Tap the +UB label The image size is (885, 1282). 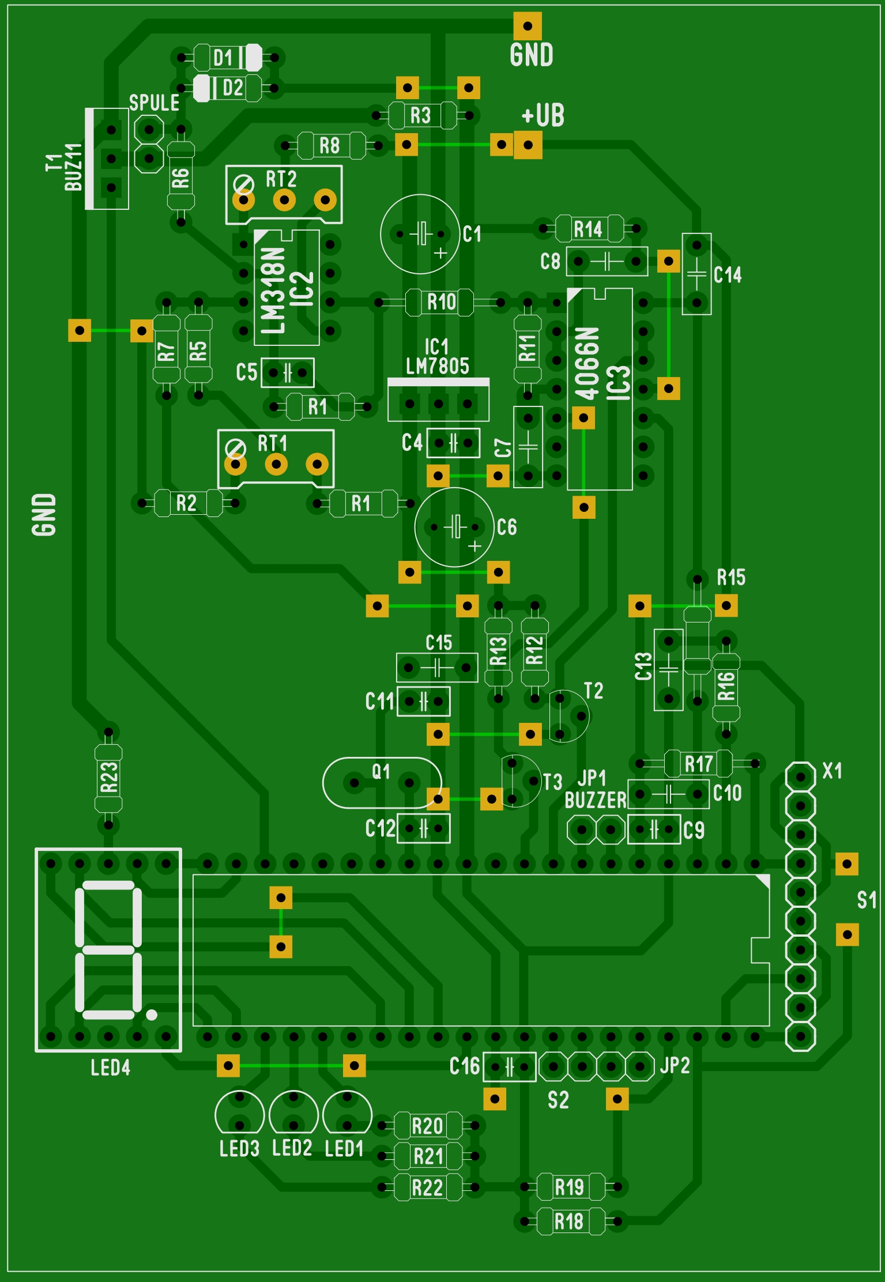543,115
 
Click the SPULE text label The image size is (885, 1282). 154,103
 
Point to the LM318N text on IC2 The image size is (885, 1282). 273,290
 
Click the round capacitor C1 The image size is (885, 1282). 420,234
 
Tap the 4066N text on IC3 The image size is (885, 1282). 587,363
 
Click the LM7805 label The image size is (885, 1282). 438,366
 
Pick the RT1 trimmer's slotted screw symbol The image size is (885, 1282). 235,448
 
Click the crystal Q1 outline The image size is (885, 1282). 382,783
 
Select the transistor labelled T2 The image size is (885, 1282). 568,717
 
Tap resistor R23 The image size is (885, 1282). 108,778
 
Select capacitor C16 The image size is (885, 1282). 510,1066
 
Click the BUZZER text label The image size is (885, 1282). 595,800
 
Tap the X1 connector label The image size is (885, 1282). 832,771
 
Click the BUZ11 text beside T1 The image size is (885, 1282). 73,167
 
